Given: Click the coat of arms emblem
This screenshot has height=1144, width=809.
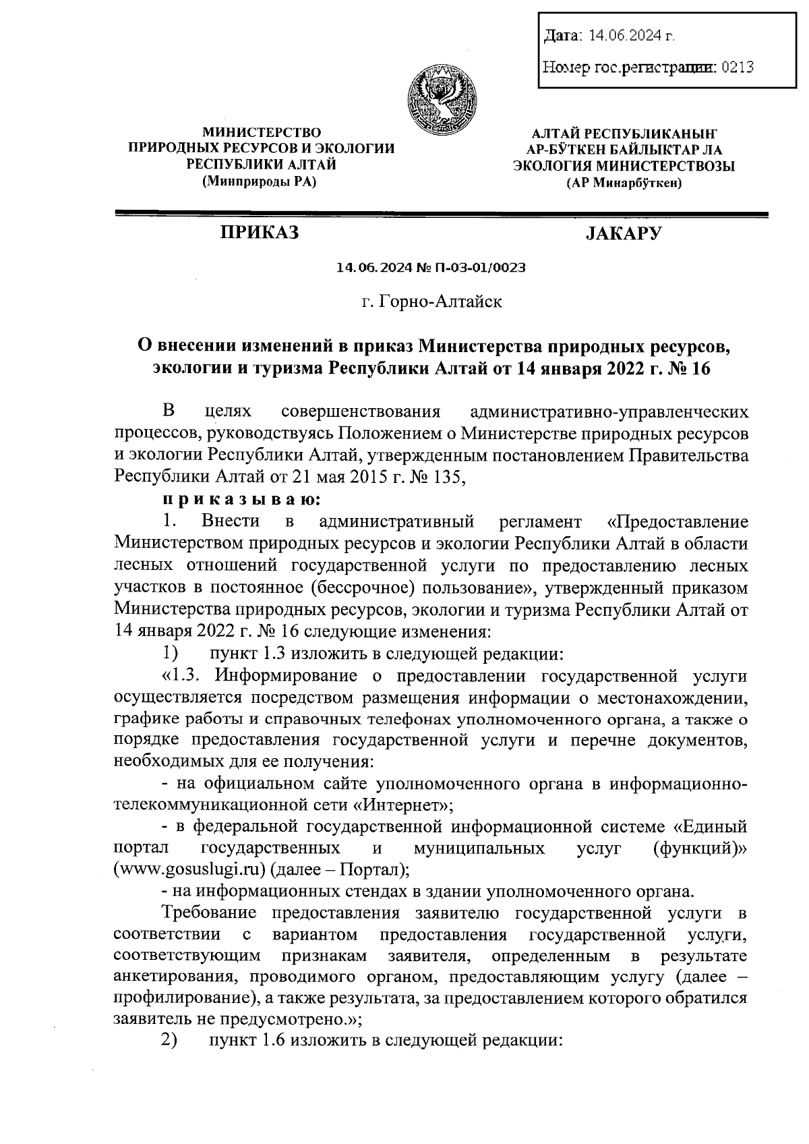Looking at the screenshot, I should [x=442, y=99].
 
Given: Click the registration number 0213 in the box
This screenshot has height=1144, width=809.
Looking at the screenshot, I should [x=737, y=67].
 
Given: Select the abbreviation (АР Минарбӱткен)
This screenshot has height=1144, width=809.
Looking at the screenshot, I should [x=624, y=182].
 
